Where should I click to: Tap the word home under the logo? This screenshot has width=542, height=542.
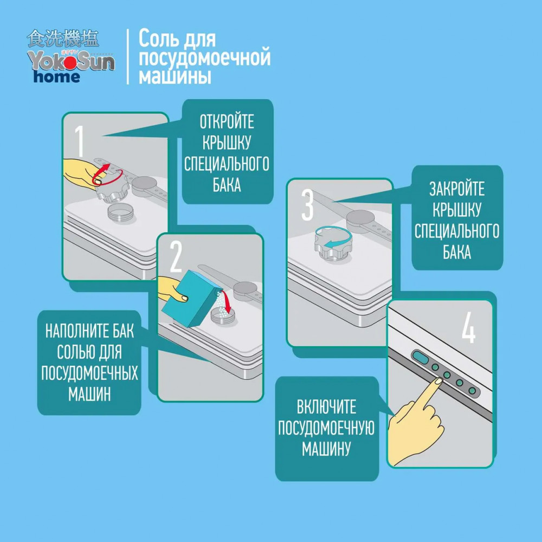tap(57, 76)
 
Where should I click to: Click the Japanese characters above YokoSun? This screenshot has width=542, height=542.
tap(63, 38)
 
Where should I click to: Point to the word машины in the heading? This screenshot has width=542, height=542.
tap(175, 76)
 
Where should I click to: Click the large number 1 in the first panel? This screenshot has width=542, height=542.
tap(80, 141)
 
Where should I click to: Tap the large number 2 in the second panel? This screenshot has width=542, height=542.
tap(176, 257)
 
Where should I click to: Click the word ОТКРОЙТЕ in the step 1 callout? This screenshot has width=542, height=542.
tap(227, 122)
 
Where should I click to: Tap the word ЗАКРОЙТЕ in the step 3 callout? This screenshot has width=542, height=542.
tap(457, 189)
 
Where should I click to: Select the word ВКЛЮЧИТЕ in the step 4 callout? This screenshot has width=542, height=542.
tap(327, 407)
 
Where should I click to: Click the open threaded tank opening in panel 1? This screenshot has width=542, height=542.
tap(120, 212)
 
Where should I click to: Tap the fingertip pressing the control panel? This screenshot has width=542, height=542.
tap(438, 381)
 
